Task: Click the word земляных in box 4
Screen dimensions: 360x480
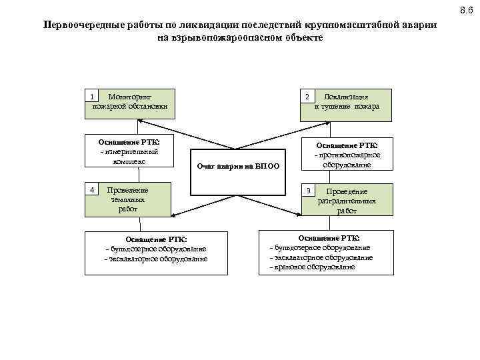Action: point(127,199)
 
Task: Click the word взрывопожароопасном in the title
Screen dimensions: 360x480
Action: point(227,38)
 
